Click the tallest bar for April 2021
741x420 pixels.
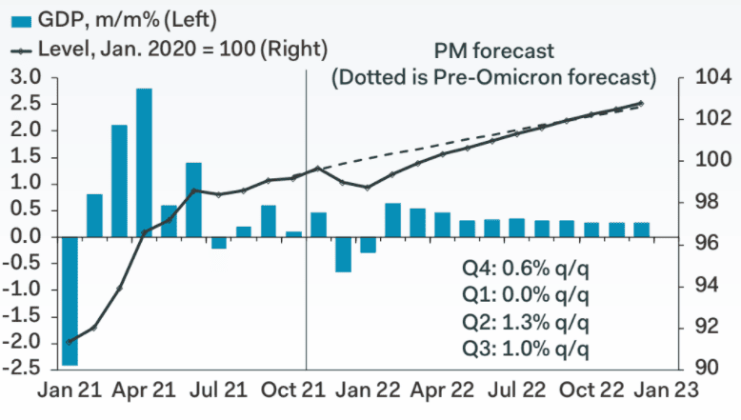[144, 162]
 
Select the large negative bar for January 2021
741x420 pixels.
[70, 300]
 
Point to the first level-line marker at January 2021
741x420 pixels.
[70, 341]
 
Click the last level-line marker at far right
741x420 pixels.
[641, 104]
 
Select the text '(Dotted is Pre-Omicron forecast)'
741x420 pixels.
[493, 75]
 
